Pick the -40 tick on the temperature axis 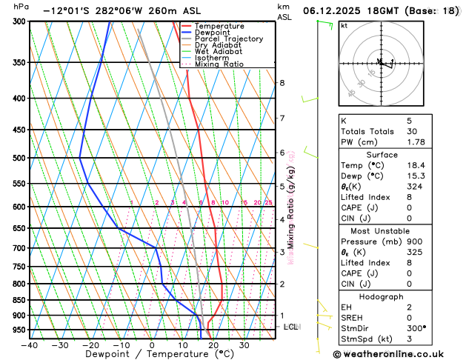point(30,344)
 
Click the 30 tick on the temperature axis point(244,344)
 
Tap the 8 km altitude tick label point(282,83)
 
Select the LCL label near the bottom point(291,327)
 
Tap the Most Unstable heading point(382,230)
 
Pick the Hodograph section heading point(382,296)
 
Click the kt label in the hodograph point(344,25)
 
